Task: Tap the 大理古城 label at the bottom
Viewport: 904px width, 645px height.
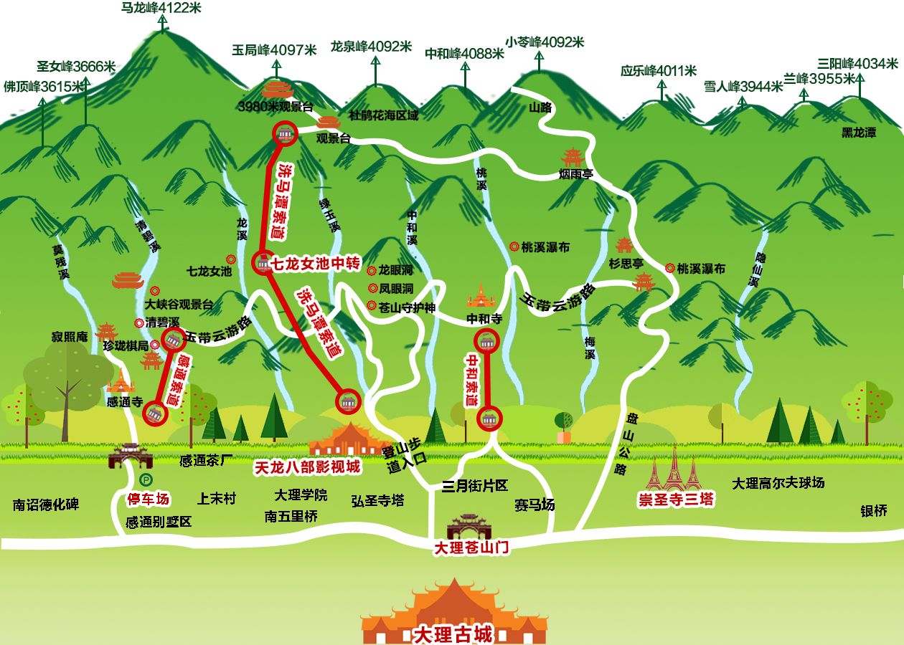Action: coord(453,634)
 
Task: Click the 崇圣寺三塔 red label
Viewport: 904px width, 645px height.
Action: coord(677,500)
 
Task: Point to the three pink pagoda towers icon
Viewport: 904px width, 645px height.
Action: coord(674,469)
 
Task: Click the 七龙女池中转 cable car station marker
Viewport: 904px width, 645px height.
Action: coord(263,263)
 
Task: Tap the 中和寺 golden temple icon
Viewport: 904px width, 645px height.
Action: coord(481,296)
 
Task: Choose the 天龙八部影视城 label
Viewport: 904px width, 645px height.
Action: coord(308,467)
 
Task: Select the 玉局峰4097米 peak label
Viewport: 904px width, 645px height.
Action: coord(274,50)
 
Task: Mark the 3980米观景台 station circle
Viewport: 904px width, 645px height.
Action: coord(284,133)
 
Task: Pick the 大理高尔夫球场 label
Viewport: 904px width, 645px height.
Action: coord(778,483)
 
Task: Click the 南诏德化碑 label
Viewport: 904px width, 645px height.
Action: coord(46,505)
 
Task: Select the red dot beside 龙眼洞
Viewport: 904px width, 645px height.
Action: coord(372,271)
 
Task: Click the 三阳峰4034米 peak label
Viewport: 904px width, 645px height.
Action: coord(857,63)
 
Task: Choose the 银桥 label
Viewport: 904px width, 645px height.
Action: coord(874,510)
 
